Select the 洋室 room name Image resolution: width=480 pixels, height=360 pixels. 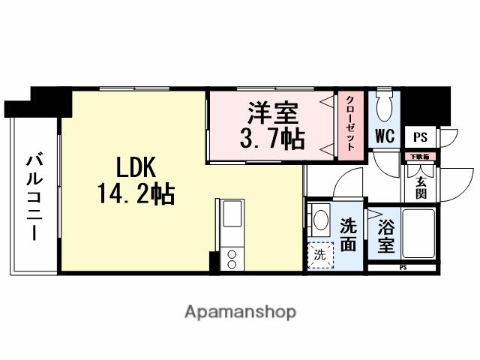click(273, 114)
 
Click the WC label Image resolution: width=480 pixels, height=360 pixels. click(385, 137)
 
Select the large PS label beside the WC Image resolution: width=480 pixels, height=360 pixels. click(421, 138)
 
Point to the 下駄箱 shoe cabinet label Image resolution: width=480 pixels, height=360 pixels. click(417, 157)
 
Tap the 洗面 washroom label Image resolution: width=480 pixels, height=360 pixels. click(348, 233)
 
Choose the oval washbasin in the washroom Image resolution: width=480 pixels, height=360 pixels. click(320, 220)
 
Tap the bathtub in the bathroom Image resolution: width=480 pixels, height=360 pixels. click(418, 233)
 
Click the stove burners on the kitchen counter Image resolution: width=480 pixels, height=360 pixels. click(231, 259)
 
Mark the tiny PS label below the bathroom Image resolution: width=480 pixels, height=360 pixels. click(403, 267)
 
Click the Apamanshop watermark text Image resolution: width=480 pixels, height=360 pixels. click(240, 311)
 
